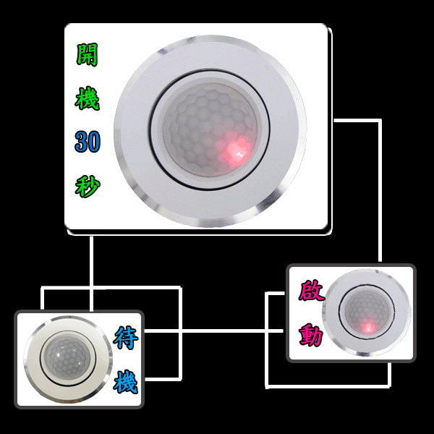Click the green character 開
[x=87, y=54]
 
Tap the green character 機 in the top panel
[x=87, y=98]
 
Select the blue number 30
[x=88, y=142]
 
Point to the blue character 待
[x=126, y=338]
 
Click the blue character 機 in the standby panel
[x=126, y=382]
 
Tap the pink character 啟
[x=311, y=291]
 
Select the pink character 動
[x=311, y=335]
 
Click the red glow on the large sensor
[x=236, y=151]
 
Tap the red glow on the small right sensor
[x=368, y=327]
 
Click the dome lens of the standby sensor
[x=68, y=359]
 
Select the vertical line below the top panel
[x=91, y=274]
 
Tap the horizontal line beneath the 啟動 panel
[x=328, y=386]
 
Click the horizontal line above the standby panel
[x=111, y=288]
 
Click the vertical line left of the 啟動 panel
[x=267, y=339]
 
